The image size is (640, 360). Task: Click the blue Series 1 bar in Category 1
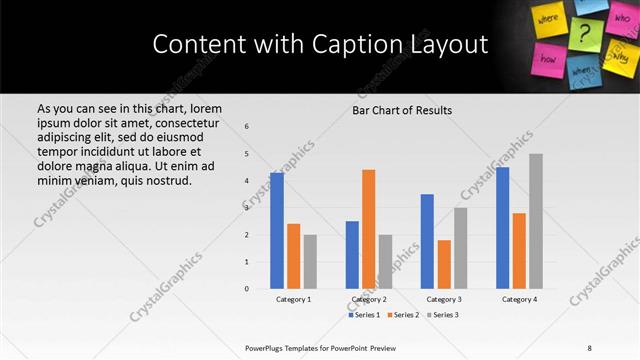[x=277, y=231]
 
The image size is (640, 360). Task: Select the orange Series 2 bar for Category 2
[x=369, y=229]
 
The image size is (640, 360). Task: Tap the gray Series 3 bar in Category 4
[x=536, y=221]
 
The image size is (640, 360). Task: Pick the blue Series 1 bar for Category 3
[x=427, y=241]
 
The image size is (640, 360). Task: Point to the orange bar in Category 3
[x=444, y=264]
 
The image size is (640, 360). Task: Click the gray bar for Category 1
[x=310, y=261]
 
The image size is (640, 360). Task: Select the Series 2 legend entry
[x=404, y=315]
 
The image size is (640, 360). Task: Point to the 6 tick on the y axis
[x=247, y=126]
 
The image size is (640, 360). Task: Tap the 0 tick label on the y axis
[x=247, y=289]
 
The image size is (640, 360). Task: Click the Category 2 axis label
[x=369, y=299]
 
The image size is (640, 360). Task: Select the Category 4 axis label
[x=519, y=299]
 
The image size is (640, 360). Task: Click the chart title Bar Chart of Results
[x=402, y=110]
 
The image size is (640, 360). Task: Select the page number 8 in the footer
[x=589, y=347]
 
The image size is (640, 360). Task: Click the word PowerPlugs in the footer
[x=267, y=347]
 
